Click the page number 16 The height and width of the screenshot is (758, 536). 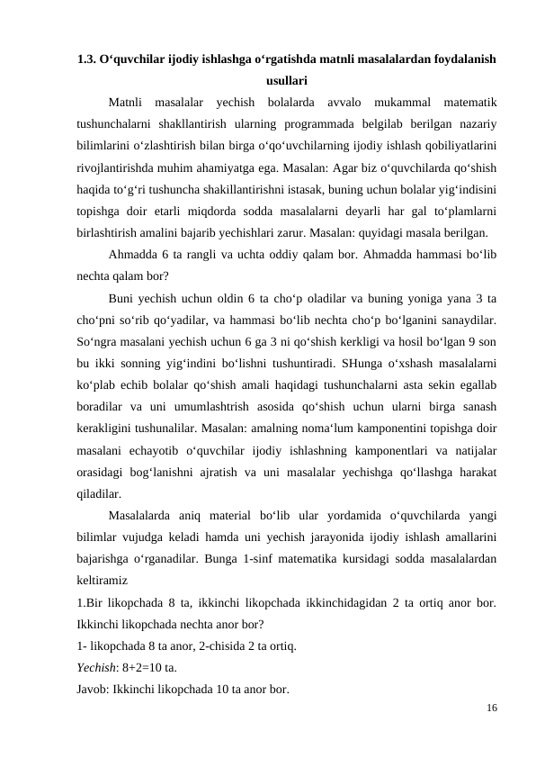coord(490,708)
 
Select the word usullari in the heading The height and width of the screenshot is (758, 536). coord(286,79)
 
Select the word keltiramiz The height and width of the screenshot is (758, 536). coord(102,582)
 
